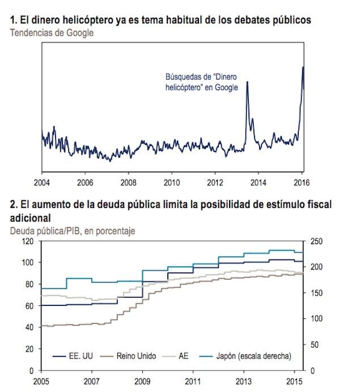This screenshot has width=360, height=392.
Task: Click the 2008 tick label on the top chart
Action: pyautogui.click(x=128, y=183)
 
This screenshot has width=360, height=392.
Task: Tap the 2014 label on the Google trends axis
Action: pyautogui.click(x=259, y=183)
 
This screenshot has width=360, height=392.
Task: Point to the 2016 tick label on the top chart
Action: pyautogui.click(x=302, y=183)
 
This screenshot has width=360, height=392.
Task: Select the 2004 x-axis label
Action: pyautogui.click(x=42, y=183)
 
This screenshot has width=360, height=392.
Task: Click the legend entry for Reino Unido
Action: pyautogui.click(x=128, y=356)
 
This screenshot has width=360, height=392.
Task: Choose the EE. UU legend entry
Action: pyautogui.click(x=73, y=356)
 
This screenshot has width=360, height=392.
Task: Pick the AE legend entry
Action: pyautogui.click(x=175, y=356)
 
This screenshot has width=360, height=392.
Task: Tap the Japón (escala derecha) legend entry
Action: pyautogui.click(x=245, y=356)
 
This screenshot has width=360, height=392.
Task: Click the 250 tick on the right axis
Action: pyautogui.click(x=316, y=241)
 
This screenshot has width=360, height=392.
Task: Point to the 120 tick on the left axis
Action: pyautogui.click(x=28, y=241)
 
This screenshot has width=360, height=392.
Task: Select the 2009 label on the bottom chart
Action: pyautogui.click(x=142, y=382)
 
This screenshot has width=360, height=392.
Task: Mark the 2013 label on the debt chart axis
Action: pyautogui.click(x=244, y=382)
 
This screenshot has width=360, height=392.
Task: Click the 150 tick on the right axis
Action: pyautogui.click(x=316, y=293)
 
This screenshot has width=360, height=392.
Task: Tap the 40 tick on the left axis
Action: pyautogui.click(x=29, y=327)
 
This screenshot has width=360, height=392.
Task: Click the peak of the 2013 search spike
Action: pyautogui.click(x=247, y=82)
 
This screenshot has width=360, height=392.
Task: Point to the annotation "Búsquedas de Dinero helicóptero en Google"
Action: pyautogui.click(x=202, y=82)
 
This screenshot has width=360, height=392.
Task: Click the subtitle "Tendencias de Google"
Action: pyautogui.click(x=52, y=33)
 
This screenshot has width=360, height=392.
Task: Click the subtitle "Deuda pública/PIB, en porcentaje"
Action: pyautogui.click(x=73, y=231)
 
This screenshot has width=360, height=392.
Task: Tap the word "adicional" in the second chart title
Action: pyautogui.click(x=30, y=218)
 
